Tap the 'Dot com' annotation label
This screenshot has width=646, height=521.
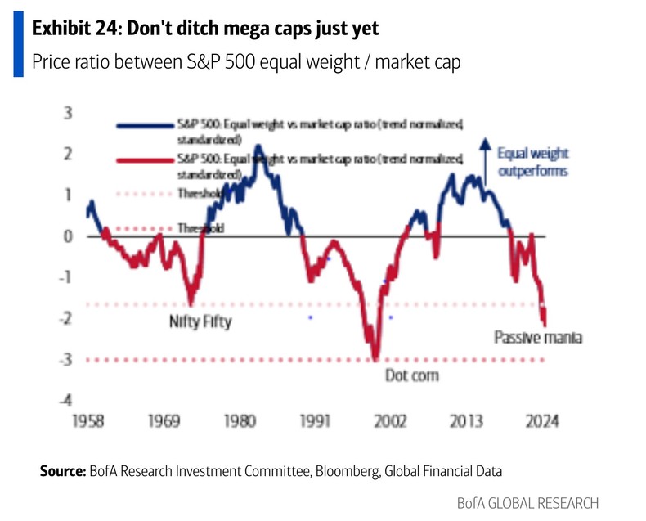pos(411,375)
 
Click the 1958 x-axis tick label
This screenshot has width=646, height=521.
pos(90,422)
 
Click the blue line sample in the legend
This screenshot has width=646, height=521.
pos(143,125)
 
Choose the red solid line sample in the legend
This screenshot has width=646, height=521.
pos(143,164)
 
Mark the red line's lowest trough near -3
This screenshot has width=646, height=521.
pos(375,357)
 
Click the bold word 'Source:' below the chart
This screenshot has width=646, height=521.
pos(62,471)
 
